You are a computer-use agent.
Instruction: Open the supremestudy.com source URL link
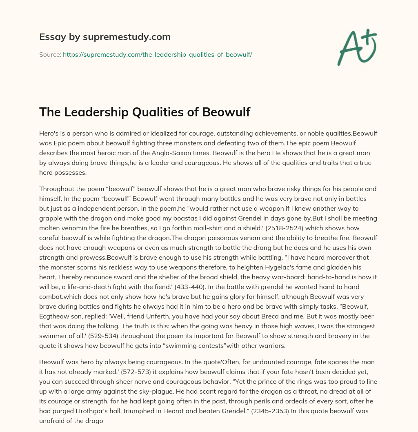point(157,54)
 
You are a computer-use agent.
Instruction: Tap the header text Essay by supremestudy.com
point(105,37)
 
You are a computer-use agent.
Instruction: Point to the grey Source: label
point(50,54)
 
